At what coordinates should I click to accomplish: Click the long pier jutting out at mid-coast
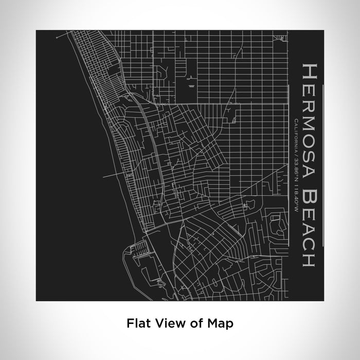click(x=111, y=176)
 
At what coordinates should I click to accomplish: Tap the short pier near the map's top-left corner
click(x=62, y=35)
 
